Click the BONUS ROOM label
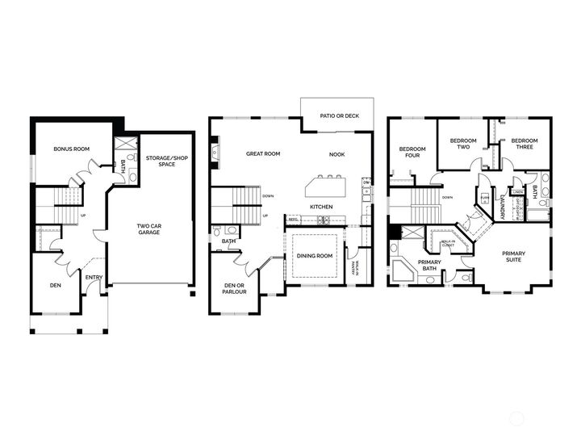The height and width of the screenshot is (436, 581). pos(70,149)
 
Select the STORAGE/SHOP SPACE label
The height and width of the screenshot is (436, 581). pos(166,161)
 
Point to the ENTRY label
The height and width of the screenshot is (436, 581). pos(94,278)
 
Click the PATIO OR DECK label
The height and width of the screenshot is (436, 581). pos(339,116)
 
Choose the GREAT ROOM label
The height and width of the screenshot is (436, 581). pos(263,153)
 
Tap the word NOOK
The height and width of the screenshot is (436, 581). pos(336,153)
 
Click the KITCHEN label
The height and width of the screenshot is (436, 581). pos(322,208)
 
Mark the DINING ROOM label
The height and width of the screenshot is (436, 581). pos(315,256)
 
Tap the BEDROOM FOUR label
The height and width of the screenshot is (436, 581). pos(412,152)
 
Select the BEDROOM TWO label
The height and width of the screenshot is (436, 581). pos(462,145)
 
